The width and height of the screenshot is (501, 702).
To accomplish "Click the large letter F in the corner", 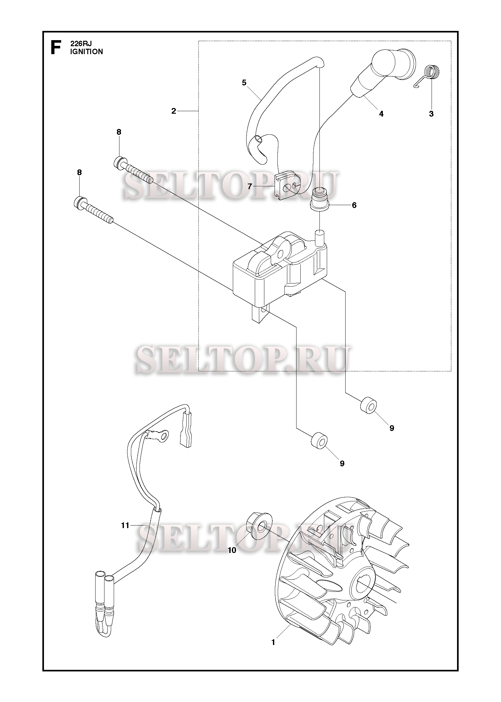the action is pyautogui.click(x=56, y=47).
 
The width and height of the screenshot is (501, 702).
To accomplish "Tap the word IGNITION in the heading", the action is pyautogui.click(x=87, y=52).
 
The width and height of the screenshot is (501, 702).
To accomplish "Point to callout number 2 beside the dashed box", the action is pyautogui.click(x=174, y=111).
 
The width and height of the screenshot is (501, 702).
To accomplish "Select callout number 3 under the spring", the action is pyautogui.click(x=431, y=114).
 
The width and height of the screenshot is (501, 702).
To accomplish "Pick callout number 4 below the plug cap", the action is pyautogui.click(x=381, y=114).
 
